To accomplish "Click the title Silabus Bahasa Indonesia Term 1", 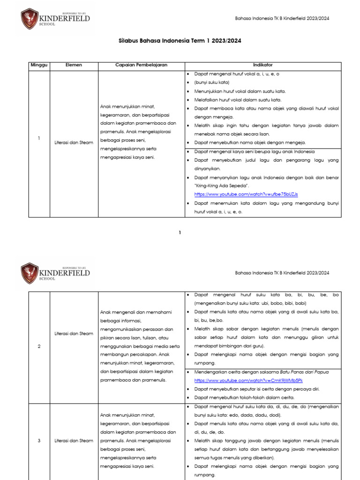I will pyautogui.click(x=180, y=41).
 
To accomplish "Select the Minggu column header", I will pyautogui.click(x=39, y=65).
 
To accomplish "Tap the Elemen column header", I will pyautogui.click(x=74, y=65).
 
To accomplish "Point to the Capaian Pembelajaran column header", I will pyautogui.click(x=141, y=65).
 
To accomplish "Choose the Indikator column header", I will pyautogui.click(x=262, y=65).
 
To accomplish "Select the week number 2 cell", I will pyautogui.click(x=39, y=346).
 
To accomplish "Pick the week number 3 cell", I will pyautogui.click(x=39, y=441).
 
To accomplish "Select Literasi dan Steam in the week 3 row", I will pyautogui.click(x=74, y=441).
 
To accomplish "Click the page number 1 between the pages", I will pyautogui.click(x=180, y=232).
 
